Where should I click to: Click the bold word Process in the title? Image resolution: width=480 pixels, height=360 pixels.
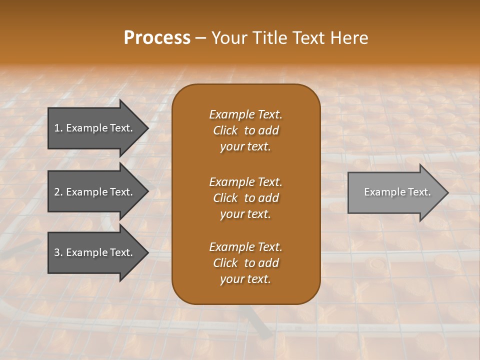(x=157, y=38)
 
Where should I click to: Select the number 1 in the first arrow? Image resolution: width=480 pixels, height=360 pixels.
(x=57, y=128)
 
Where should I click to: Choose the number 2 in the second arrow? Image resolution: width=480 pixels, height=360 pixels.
(x=57, y=192)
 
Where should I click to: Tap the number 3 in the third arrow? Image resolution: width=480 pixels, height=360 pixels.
(x=57, y=252)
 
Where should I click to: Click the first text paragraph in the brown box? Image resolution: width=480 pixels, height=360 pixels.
(x=245, y=130)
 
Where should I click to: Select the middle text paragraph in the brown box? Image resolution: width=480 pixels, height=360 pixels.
(x=245, y=198)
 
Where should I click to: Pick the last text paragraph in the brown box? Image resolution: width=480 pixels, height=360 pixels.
(x=245, y=263)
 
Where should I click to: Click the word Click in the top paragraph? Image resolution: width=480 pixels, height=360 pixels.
(x=225, y=130)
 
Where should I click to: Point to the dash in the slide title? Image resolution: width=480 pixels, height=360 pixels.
(x=201, y=38)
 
